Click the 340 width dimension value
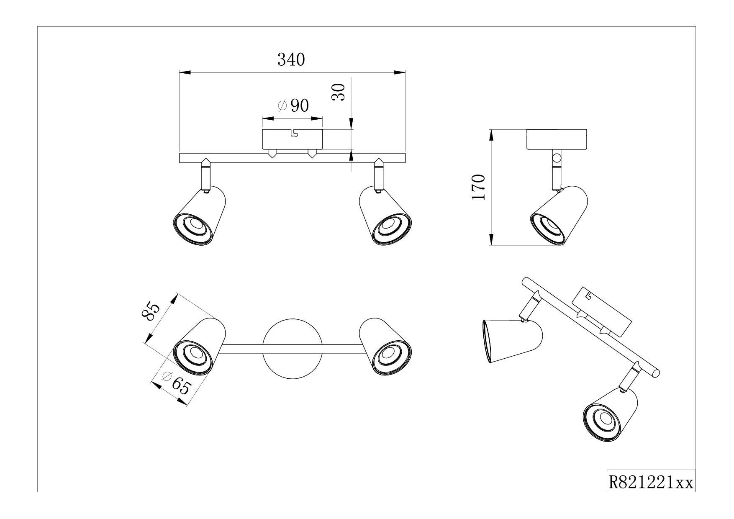pyautogui.click(x=291, y=60)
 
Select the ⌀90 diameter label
pyautogui.click(x=293, y=106)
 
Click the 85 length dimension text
pyautogui.click(x=151, y=312)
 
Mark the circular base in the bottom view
pyautogui.click(x=292, y=349)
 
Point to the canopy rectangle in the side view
pyautogui.click(x=557, y=140)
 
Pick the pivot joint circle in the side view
pyautogui.click(x=556, y=158)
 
